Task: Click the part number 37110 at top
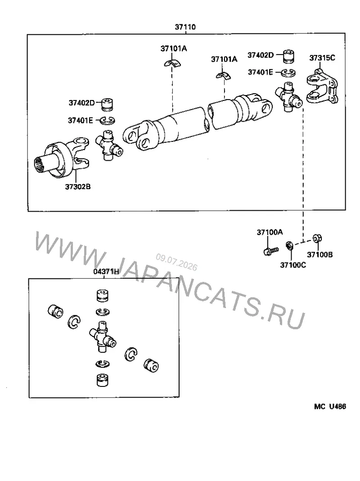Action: click(x=185, y=27)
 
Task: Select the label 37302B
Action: click(x=78, y=186)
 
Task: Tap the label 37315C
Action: click(x=322, y=58)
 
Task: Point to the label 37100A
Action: click(x=270, y=232)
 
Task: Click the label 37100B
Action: click(x=320, y=254)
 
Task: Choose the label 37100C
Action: click(x=293, y=265)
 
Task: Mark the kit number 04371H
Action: click(x=106, y=272)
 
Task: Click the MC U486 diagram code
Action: click(x=330, y=406)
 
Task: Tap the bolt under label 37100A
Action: click(x=271, y=251)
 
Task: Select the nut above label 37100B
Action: click(x=317, y=238)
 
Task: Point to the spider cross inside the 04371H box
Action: click(x=103, y=337)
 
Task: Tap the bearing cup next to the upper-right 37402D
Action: click(x=288, y=56)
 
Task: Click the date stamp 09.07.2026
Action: click(x=176, y=262)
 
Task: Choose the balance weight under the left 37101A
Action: click(x=172, y=63)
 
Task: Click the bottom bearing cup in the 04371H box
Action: click(x=102, y=380)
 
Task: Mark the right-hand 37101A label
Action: click(x=224, y=59)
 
